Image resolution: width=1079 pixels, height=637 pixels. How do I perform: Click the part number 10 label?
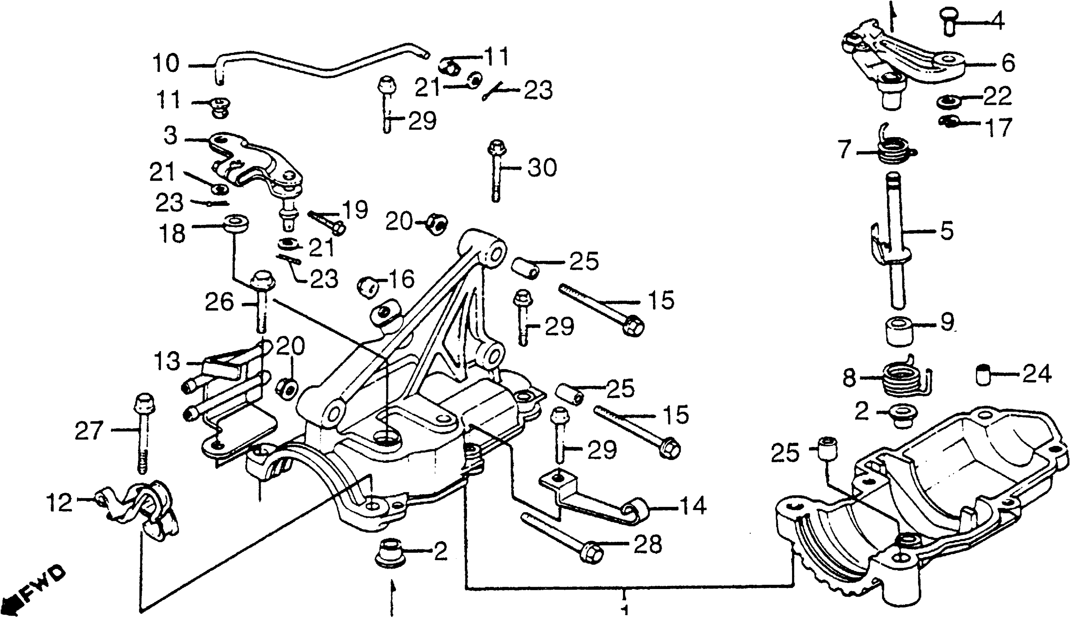(x=166, y=64)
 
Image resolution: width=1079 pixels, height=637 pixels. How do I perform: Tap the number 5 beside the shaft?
(x=946, y=231)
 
